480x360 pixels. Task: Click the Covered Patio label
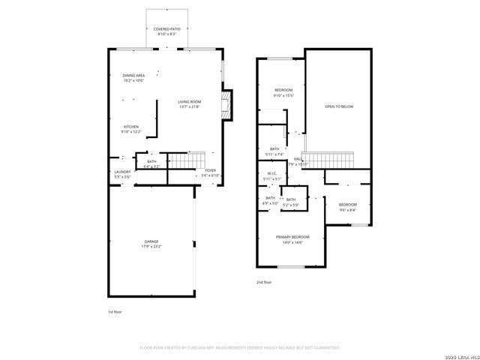(x=167, y=29)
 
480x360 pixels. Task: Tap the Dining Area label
(x=133, y=76)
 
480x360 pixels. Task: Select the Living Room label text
(x=190, y=101)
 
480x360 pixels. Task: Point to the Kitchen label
(x=131, y=127)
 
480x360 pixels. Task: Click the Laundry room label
(x=122, y=172)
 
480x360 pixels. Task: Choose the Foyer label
(x=211, y=171)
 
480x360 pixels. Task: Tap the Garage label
(x=151, y=241)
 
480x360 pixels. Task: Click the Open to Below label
(x=339, y=106)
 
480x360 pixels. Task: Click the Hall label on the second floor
(x=298, y=159)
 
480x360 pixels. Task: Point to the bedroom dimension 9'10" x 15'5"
(x=283, y=95)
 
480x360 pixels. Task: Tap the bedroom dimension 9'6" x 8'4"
(x=347, y=210)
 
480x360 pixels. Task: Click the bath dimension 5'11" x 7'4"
(x=274, y=154)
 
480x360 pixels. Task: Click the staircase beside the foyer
(x=180, y=160)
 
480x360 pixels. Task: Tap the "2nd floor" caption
(x=264, y=282)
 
